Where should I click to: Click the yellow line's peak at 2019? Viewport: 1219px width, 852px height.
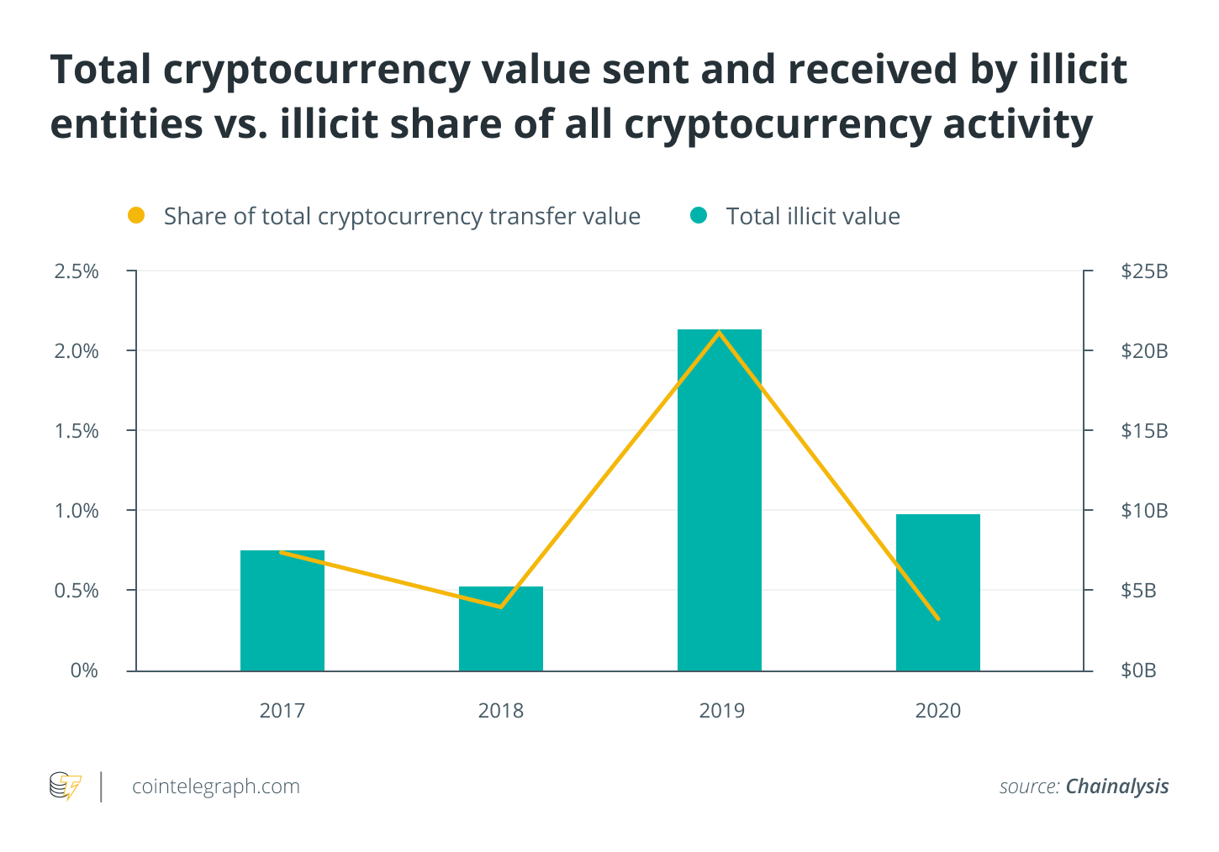pos(719,333)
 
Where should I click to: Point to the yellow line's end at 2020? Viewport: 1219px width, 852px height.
pos(937,619)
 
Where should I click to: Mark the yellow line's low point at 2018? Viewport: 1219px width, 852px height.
pos(501,607)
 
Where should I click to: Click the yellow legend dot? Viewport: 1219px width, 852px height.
pos(136,216)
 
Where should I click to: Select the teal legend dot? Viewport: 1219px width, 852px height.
pos(699,216)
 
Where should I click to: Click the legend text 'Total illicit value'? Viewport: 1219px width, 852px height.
pos(813,217)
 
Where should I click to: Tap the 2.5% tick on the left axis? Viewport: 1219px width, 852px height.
pos(77,271)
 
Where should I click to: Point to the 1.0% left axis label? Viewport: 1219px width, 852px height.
pos(77,511)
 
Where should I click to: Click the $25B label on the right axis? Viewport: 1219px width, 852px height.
pos(1144,271)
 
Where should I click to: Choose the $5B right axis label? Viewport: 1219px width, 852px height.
pos(1138,591)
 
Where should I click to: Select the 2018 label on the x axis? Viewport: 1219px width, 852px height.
pos(500,711)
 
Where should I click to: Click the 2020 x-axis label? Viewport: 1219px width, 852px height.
pos(937,711)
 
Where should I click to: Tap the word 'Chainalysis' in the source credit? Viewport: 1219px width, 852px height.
pos(1116,786)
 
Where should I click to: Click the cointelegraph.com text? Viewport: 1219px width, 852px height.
pos(216,786)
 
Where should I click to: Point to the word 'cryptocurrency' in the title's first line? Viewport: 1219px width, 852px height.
pos(316,69)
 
